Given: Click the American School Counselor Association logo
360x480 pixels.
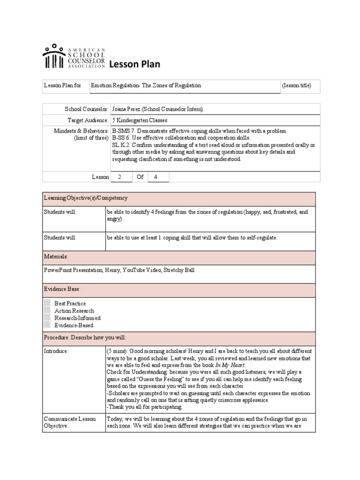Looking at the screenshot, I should [x=74, y=57].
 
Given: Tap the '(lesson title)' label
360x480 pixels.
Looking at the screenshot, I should [x=296, y=86].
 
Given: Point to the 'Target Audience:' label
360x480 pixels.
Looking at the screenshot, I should [x=88, y=120].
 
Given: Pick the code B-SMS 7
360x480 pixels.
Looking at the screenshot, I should [x=124, y=131].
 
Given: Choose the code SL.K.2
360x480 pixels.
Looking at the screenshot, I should [x=121, y=145].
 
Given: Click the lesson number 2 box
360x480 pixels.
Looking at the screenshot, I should [x=120, y=177].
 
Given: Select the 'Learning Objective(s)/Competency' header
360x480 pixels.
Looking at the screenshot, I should [x=85, y=198].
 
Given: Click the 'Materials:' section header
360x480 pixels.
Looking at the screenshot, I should [x=56, y=257].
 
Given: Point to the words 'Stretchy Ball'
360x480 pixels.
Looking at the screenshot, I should [x=178, y=270].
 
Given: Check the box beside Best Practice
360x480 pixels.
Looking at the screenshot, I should [x=47, y=303].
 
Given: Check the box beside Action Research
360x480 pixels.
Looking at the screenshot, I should [x=47, y=310].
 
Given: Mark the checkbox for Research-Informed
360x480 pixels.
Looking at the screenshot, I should [x=47, y=318].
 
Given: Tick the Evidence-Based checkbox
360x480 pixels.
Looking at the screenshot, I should [x=47, y=325].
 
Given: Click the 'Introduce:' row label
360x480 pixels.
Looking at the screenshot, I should [x=56, y=351].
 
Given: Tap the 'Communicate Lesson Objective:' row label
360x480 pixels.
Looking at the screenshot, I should [x=69, y=422].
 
